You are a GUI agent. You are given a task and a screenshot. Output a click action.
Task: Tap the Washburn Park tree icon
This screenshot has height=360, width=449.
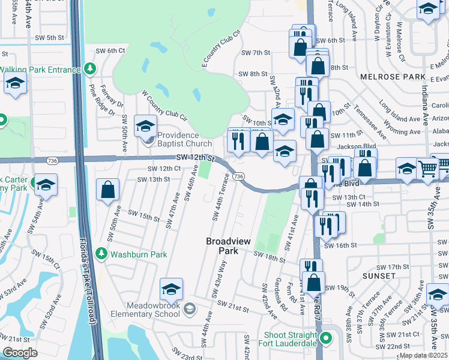101,254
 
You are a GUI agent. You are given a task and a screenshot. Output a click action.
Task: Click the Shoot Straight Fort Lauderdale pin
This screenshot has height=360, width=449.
326,339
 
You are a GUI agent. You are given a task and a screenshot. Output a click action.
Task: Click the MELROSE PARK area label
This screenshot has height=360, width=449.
384,77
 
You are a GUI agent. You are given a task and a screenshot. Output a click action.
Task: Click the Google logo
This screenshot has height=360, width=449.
20,353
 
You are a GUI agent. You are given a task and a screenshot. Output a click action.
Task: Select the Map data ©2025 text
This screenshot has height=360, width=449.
424,355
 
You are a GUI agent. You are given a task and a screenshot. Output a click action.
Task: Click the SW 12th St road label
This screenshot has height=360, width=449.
196,157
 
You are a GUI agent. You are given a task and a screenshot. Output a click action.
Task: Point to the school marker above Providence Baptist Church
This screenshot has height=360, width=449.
145,126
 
